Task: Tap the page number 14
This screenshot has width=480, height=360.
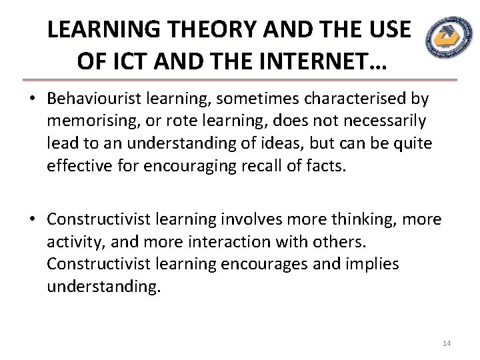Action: [447, 343]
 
